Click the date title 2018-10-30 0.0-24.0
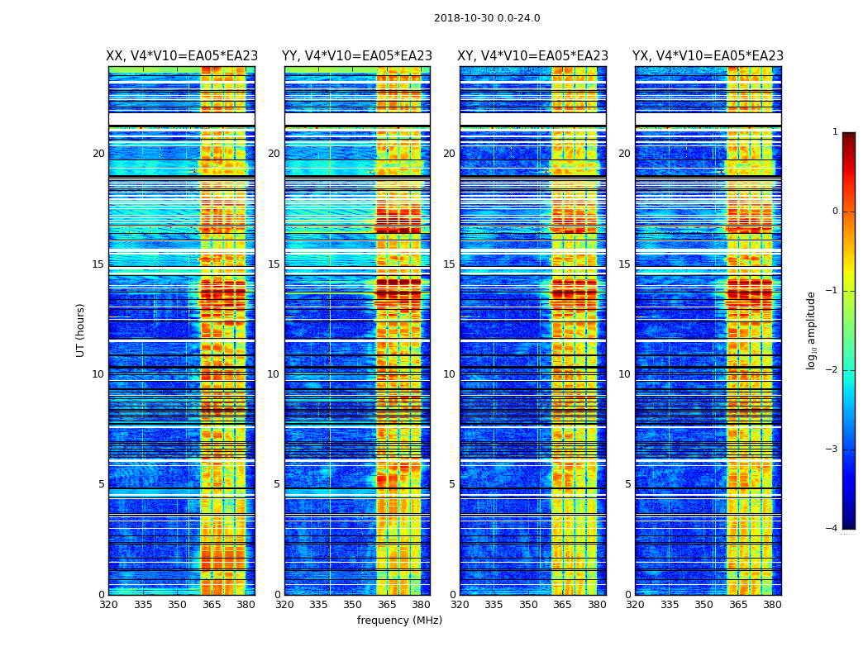point(487,18)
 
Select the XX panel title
point(182,56)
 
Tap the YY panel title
point(357,56)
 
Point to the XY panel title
point(533,56)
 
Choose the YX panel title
point(708,56)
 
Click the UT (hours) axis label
point(81,330)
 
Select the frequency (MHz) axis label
point(399,621)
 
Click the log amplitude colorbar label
point(812,330)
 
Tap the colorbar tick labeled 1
point(835,132)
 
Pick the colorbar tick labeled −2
point(833,370)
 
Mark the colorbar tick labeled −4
point(833,529)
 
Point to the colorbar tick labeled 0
point(835,212)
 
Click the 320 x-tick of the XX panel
point(108,605)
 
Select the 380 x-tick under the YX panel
point(772,605)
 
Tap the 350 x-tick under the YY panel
point(353,605)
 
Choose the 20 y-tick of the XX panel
point(98,154)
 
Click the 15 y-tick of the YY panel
point(274,264)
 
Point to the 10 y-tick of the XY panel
point(449,374)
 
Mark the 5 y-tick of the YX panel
point(627,484)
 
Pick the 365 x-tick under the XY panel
point(562,605)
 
